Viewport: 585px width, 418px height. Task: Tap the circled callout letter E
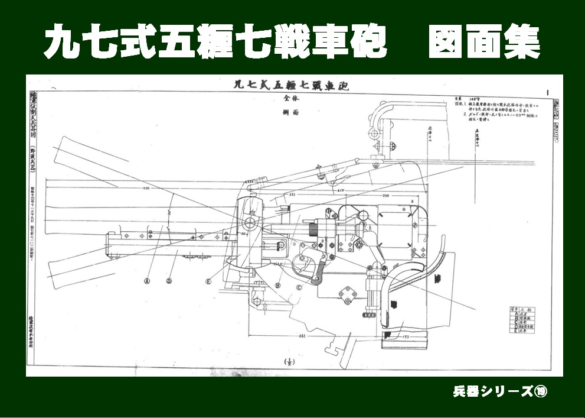pos(208,282)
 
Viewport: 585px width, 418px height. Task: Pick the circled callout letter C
pos(299,288)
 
